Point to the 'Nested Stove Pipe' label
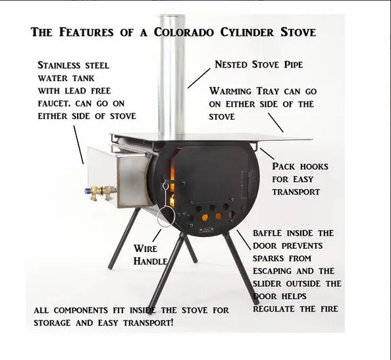coord(259,65)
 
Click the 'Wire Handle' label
coord(149,255)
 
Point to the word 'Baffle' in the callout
coord(271,234)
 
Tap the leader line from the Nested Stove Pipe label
coord(197,77)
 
